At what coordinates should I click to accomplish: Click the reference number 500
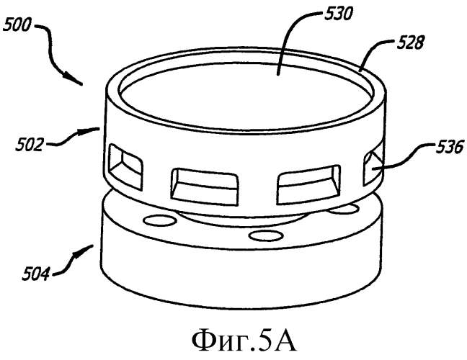pyautogui.click(x=17, y=24)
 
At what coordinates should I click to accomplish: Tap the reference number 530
pyautogui.click(x=338, y=14)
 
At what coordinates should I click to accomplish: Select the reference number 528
pyautogui.click(x=410, y=42)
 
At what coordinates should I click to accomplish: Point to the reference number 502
pyautogui.click(x=29, y=145)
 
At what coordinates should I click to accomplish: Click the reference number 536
pyautogui.click(x=450, y=146)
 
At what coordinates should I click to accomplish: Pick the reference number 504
pyautogui.click(x=35, y=274)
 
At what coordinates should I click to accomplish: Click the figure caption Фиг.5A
pyautogui.click(x=244, y=341)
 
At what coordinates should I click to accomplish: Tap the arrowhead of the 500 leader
pyautogui.click(x=73, y=79)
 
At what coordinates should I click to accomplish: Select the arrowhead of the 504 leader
pyautogui.click(x=84, y=251)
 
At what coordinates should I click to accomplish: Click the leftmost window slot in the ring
pyautogui.click(x=125, y=166)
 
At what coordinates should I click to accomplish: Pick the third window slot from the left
pyautogui.click(x=308, y=184)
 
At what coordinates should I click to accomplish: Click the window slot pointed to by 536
pyautogui.click(x=373, y=167)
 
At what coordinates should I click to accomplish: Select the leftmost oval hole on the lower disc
pyautogui.click(x=160, y=220)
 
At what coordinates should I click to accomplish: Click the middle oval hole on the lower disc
pyautogui.click(x=266, y=235)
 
